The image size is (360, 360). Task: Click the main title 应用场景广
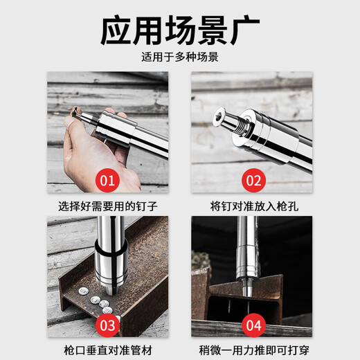pos(180,32)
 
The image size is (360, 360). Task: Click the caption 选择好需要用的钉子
pos(107,206)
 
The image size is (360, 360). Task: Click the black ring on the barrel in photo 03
pos(110,245)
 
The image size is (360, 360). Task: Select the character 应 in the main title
pos(118,32)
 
